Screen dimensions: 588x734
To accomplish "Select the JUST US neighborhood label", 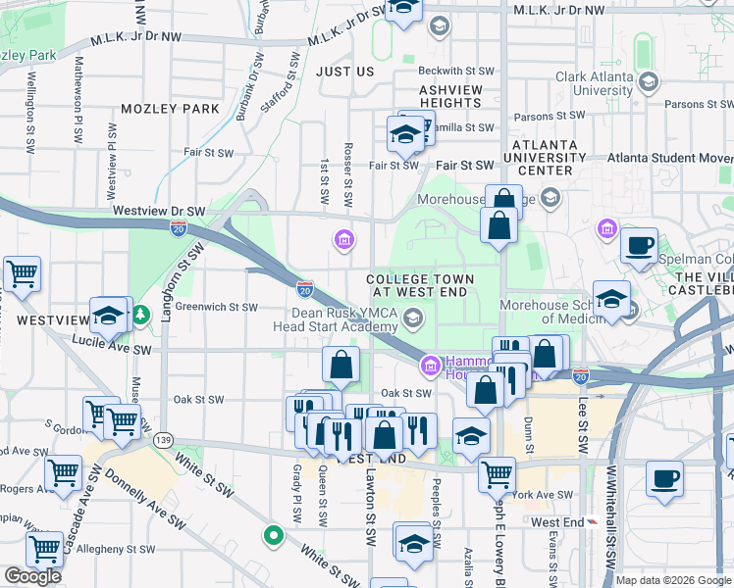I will pyautogui.click(x=344, y=72).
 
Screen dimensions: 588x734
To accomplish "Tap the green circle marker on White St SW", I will pyautogui.click(x=272, y=536).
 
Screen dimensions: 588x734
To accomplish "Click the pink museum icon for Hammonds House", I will pyautogui.click(x=429, y=367).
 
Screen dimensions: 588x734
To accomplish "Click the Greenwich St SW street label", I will pyautogui.click(x=216, y=307).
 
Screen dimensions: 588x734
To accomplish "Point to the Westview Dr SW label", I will pyautogui.click(x=158, y=211).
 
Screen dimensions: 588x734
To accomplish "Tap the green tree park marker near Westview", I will pyautogui.click(x=141, y=316).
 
